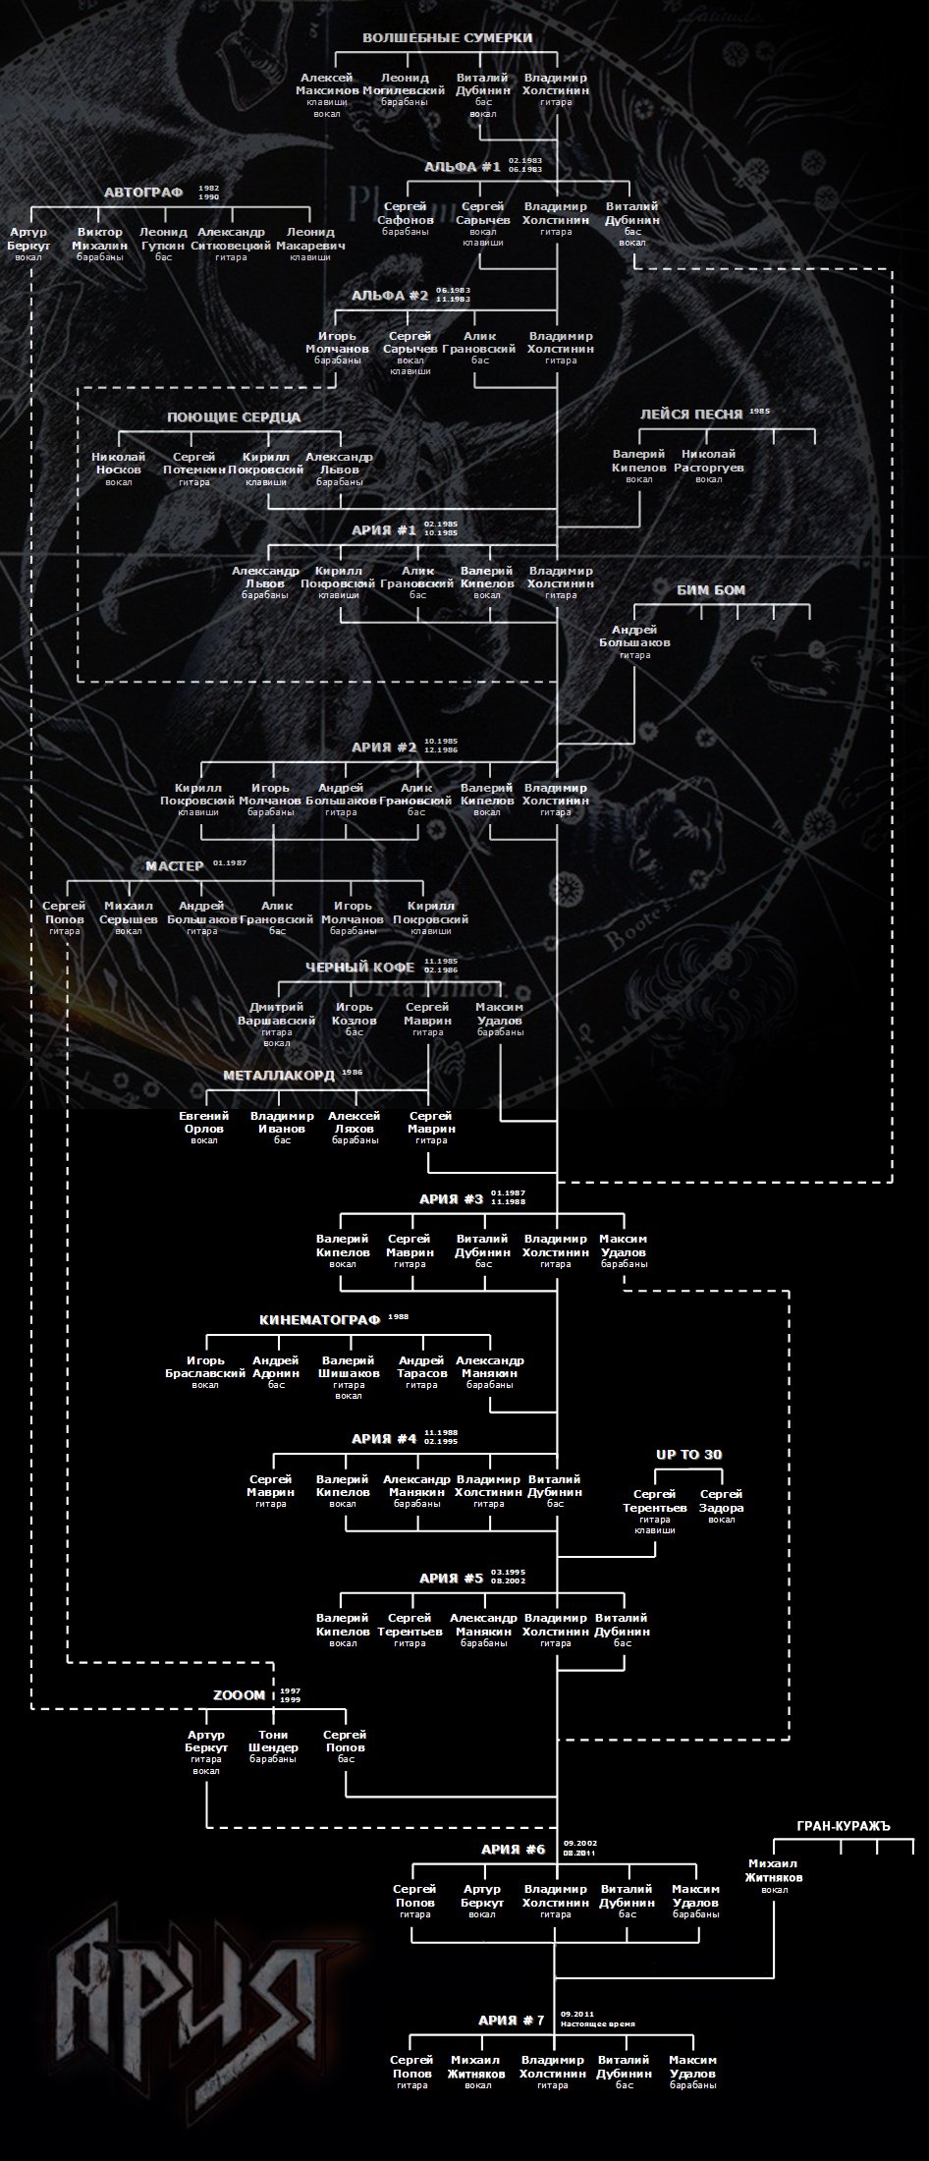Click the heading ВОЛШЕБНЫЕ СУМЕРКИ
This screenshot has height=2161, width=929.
(x=447, y=38)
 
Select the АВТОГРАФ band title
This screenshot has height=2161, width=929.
(x=143, y=192)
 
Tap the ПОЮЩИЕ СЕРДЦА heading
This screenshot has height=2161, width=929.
(x=233, y=417)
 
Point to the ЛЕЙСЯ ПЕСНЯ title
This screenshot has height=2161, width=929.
(x=691, y=415)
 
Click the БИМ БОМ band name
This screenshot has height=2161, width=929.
(x=711, y=590)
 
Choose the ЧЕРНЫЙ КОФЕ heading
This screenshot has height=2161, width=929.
(x=359, y=968)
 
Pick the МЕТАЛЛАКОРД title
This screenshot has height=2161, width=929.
(x=279, y=1076)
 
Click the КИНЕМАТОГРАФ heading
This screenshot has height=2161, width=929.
(x=319, y=1319)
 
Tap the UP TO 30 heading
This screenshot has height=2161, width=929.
(x=689, y=1455)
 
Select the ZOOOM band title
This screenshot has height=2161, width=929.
(x=240, y=1694)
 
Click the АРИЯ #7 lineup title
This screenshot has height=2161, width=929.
(x=511, y=2021)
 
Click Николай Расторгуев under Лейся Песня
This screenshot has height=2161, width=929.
(x=708, y=461)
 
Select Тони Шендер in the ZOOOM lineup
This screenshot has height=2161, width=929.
(x=273, y=1742)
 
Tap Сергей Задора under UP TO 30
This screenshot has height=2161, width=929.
(x=721, y=1502)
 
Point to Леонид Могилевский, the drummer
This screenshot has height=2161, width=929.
(x=404, y=84)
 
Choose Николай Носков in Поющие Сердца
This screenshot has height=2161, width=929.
(x=119, y=464)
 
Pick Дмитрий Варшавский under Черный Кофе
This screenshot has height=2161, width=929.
(x=283, y=1014)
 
